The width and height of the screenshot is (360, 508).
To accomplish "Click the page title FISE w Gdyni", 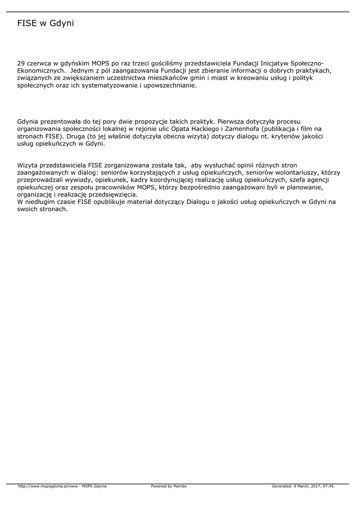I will point(45,23).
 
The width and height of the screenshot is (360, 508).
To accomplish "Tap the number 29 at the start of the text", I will point(21,63).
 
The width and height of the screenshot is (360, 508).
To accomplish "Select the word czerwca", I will point(39,63).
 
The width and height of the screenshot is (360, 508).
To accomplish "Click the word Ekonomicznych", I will point(40,70).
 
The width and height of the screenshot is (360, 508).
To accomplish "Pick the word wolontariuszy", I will point(299,172).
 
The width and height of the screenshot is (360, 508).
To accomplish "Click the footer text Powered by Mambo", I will point(169,486).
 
